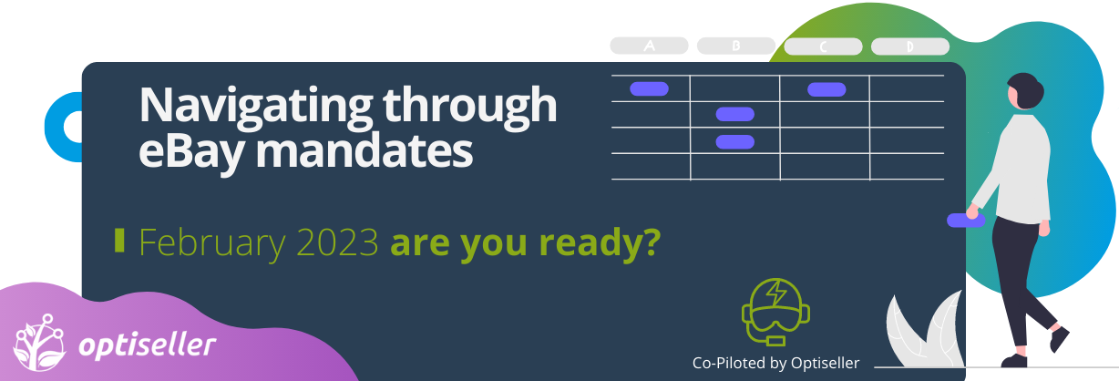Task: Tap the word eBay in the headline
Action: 192,152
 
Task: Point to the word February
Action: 212,244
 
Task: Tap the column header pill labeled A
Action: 649,46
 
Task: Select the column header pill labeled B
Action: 736,46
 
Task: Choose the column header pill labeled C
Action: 823,46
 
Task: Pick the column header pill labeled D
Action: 910,46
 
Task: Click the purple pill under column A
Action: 649,89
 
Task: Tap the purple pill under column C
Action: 826,89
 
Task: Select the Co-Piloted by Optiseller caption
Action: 775,363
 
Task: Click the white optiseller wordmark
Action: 147,345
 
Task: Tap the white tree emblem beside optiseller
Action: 39,343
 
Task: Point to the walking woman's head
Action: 1025,91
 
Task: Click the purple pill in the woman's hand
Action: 966,220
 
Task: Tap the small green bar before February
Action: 119,241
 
